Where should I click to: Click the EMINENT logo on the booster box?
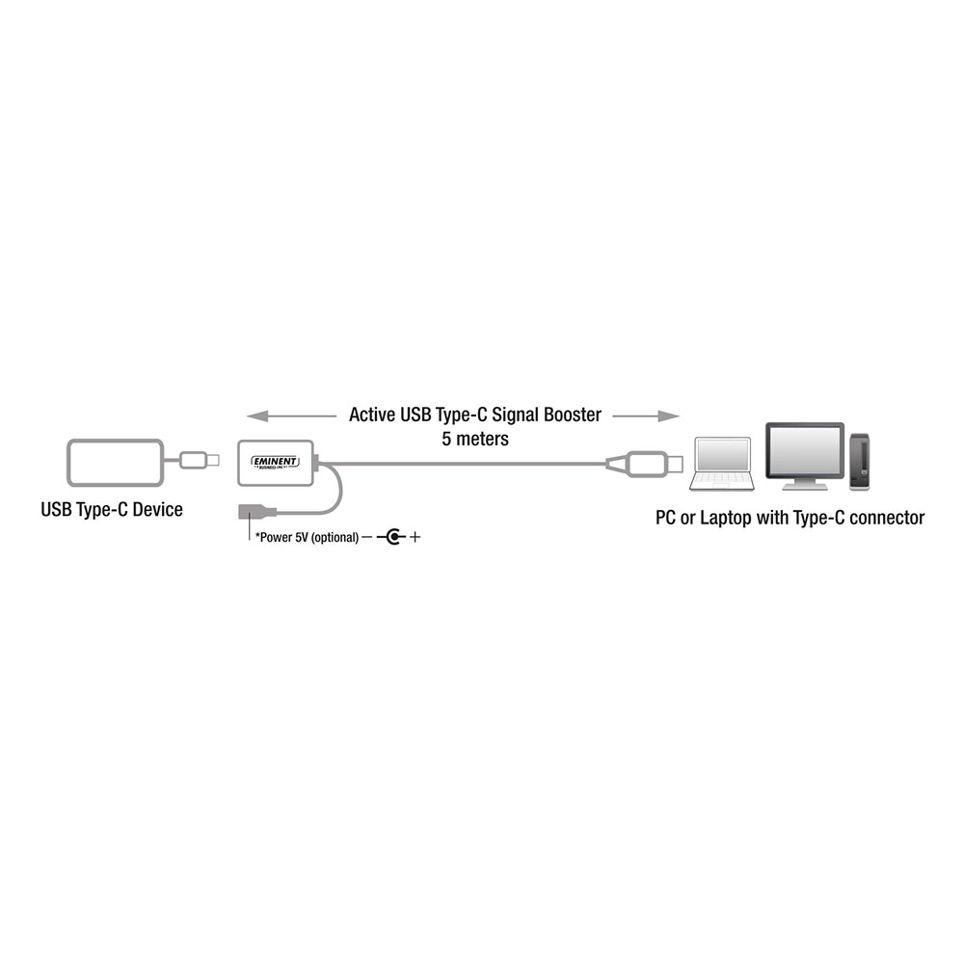pyautogui.click(x=276, y=462)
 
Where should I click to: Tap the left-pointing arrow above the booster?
pyautogui.click(x=291, y=416)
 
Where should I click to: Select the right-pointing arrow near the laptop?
pyautogui.click(x=646, y=416)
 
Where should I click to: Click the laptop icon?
pyautogui.click(x=722, y=465)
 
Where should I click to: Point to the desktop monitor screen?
pyautogui.click(x=805, y=449)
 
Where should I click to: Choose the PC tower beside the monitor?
pyautogui.click(x=860, y=462)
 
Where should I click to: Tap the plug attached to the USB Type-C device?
pyautogui.click(x=200, y=460)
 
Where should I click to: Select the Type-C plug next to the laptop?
pyautogui.click(x=646, y=464)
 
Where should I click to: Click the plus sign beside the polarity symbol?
pyautogui.click(x=415, y=537)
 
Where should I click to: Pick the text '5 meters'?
pyautogui.click(x=475, y=439)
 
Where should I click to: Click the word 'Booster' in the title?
pyautogui.click(x=573, y=415)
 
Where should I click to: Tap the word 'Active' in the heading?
pyautogui.click(x=372, y=415)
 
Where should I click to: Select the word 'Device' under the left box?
pyautogui.click(x=158, y=510)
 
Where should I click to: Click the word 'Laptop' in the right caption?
pyautogui.click(x=726, y=519)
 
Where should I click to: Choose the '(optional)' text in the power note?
pyautogui.click(x=335, y=537)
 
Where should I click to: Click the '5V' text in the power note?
pyautogui.click(x=301, y=537)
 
